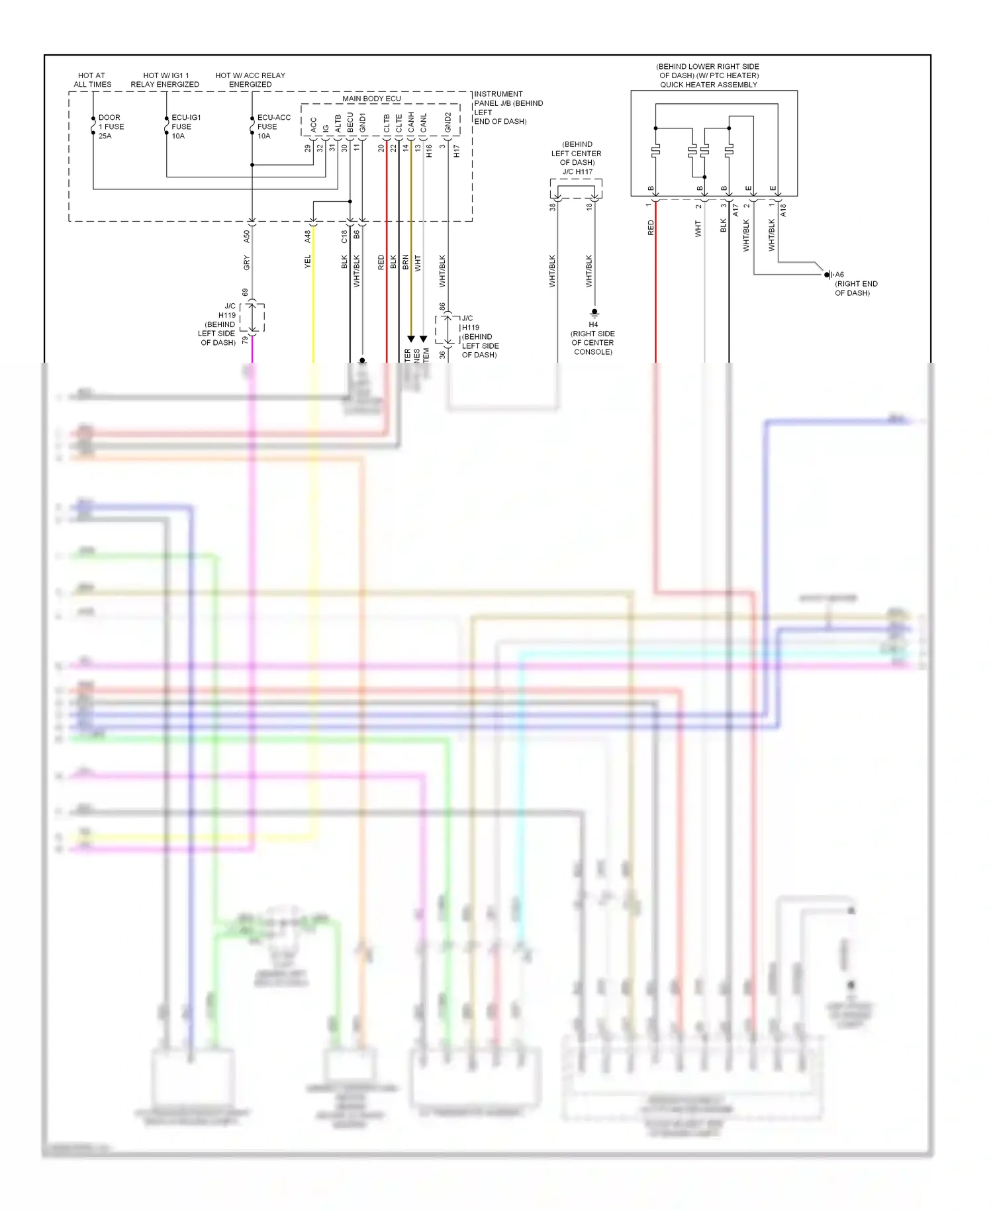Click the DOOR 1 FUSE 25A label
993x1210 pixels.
pos(111,126)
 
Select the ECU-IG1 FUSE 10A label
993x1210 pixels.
pos(185,126)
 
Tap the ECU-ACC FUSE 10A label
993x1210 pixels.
pos(273,126)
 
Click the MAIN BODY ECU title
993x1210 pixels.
pos(371,99)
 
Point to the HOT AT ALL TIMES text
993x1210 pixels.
pos(92,80)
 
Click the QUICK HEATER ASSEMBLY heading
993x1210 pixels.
pos(708,85)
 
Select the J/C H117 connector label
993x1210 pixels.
pos(577,172)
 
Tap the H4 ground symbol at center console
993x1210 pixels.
pos(594,312)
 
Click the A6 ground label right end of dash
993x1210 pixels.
pos(839,275)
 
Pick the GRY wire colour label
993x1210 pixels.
pos(247,263)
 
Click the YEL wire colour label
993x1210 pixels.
pos(307,262)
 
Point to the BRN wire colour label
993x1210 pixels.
pos(405,262)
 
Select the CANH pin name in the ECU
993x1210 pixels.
pos(411,122)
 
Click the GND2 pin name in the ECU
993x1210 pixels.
pos(448,122)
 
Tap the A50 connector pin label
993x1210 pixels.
pos(247,236)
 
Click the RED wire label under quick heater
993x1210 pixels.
pos(651,228)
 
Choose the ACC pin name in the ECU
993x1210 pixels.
pos(314,124)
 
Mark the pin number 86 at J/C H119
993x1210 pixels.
pos(442,307)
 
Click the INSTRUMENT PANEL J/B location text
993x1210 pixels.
pos(507,108)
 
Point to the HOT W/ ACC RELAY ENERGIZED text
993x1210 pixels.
pos(250,80)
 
